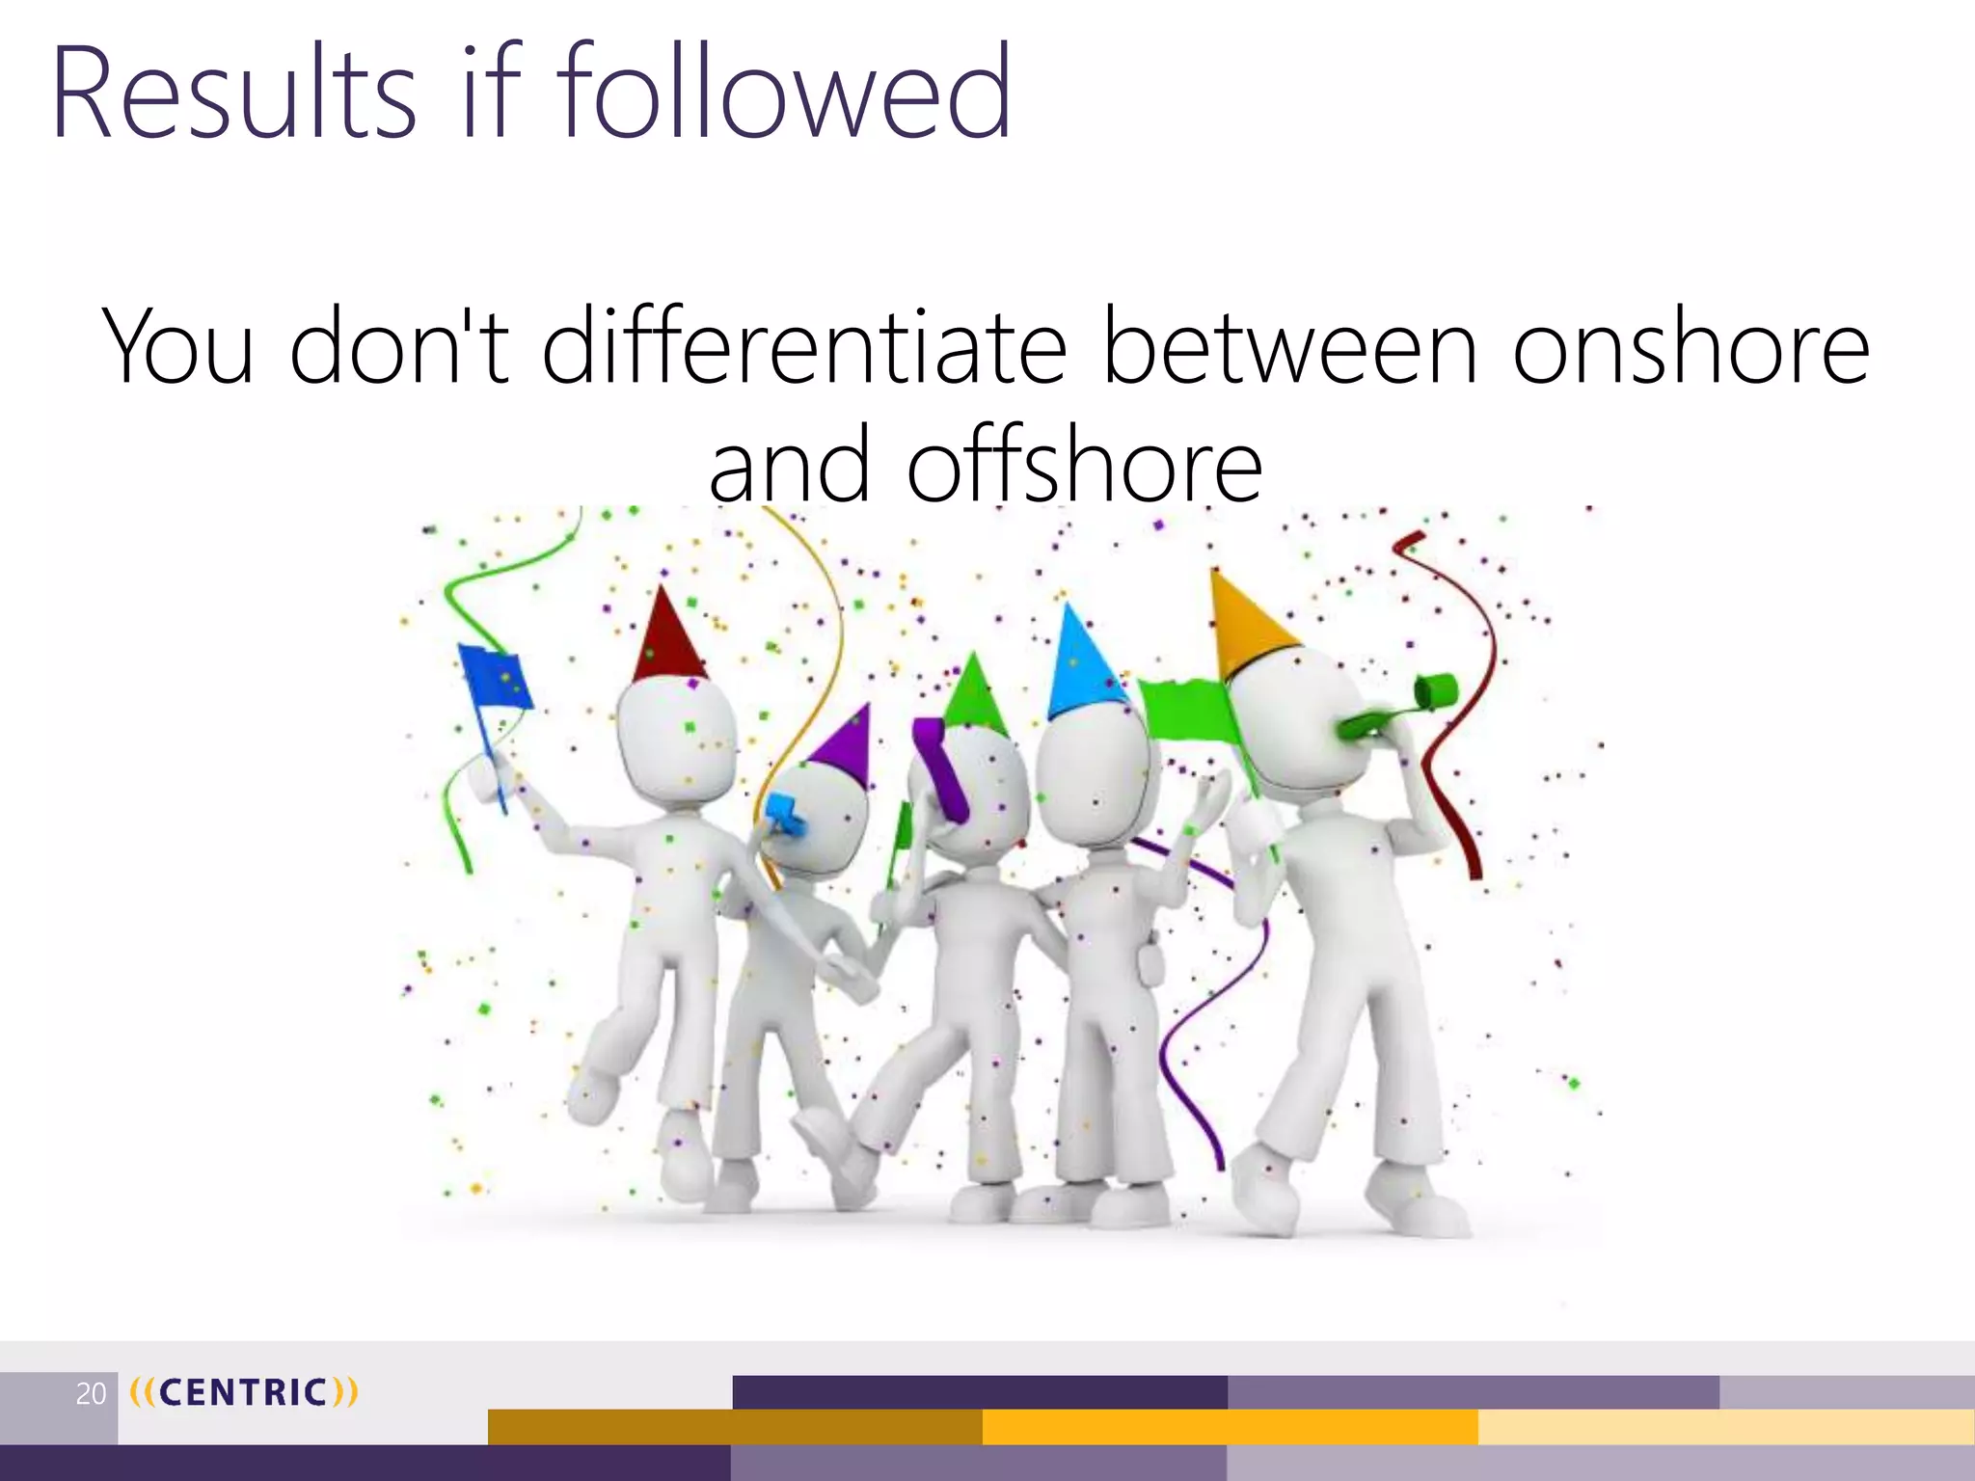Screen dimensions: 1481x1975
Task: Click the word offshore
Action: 1084,467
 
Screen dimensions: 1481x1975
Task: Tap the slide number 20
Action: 91,1393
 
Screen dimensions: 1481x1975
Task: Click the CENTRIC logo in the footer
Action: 243,1392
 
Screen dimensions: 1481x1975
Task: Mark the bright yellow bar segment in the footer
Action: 1230,1427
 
